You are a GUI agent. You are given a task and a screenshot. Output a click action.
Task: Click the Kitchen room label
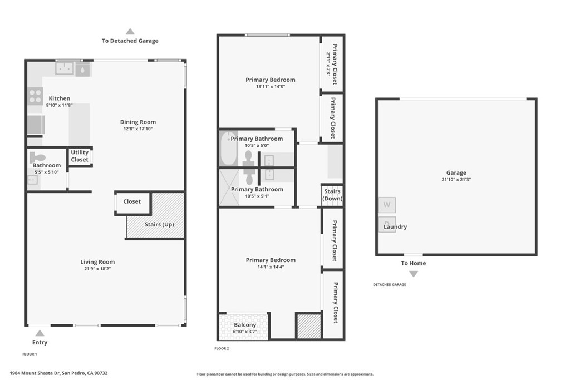(x=59, y=98)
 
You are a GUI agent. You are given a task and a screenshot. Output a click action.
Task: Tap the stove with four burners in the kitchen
(x=36, y=96)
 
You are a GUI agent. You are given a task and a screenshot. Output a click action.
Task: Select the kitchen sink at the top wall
(x=65, y=68)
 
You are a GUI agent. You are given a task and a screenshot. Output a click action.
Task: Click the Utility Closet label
(x=80, y=156)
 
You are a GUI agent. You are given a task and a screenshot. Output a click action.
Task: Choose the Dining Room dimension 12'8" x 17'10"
(x=138, y=129)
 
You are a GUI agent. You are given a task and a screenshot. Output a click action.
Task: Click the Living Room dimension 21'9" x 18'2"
(x=97, y=269)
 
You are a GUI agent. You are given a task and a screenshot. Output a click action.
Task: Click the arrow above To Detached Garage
(x=130, y=32)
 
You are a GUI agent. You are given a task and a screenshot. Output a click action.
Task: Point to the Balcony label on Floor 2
(x=245, y=325)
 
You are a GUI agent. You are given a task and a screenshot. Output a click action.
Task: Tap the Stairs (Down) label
(x=332, y=195)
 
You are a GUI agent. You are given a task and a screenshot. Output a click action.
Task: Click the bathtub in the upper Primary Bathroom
(x=227, y=148)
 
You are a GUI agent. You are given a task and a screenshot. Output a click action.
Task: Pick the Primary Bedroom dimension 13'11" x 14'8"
(x=271, y=86)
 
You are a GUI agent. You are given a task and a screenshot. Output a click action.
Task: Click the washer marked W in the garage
(x=387, y=205)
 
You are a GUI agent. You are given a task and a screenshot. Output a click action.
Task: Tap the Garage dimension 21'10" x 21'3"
(x=456, y=179)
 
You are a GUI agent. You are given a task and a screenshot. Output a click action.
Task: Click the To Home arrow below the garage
(x=414, y=274)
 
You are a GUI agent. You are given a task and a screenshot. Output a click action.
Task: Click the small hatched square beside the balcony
(x=308, y=327)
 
